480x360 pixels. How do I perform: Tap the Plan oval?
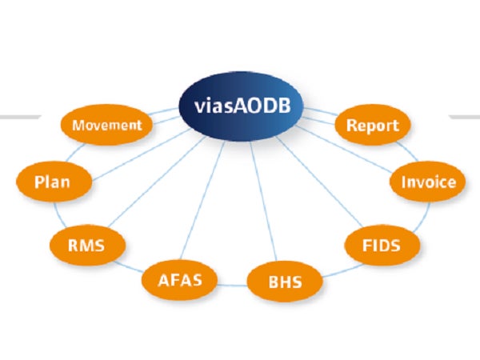click(52, 181)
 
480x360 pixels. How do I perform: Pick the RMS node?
click(86, 242)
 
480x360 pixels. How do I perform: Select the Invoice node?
click(427, 182)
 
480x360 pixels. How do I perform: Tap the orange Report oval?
click(371, 126)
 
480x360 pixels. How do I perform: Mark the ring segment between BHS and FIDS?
click(336, 268)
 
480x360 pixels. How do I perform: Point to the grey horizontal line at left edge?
click(20, 117)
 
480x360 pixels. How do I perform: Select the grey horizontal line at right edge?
click(464, 117)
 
